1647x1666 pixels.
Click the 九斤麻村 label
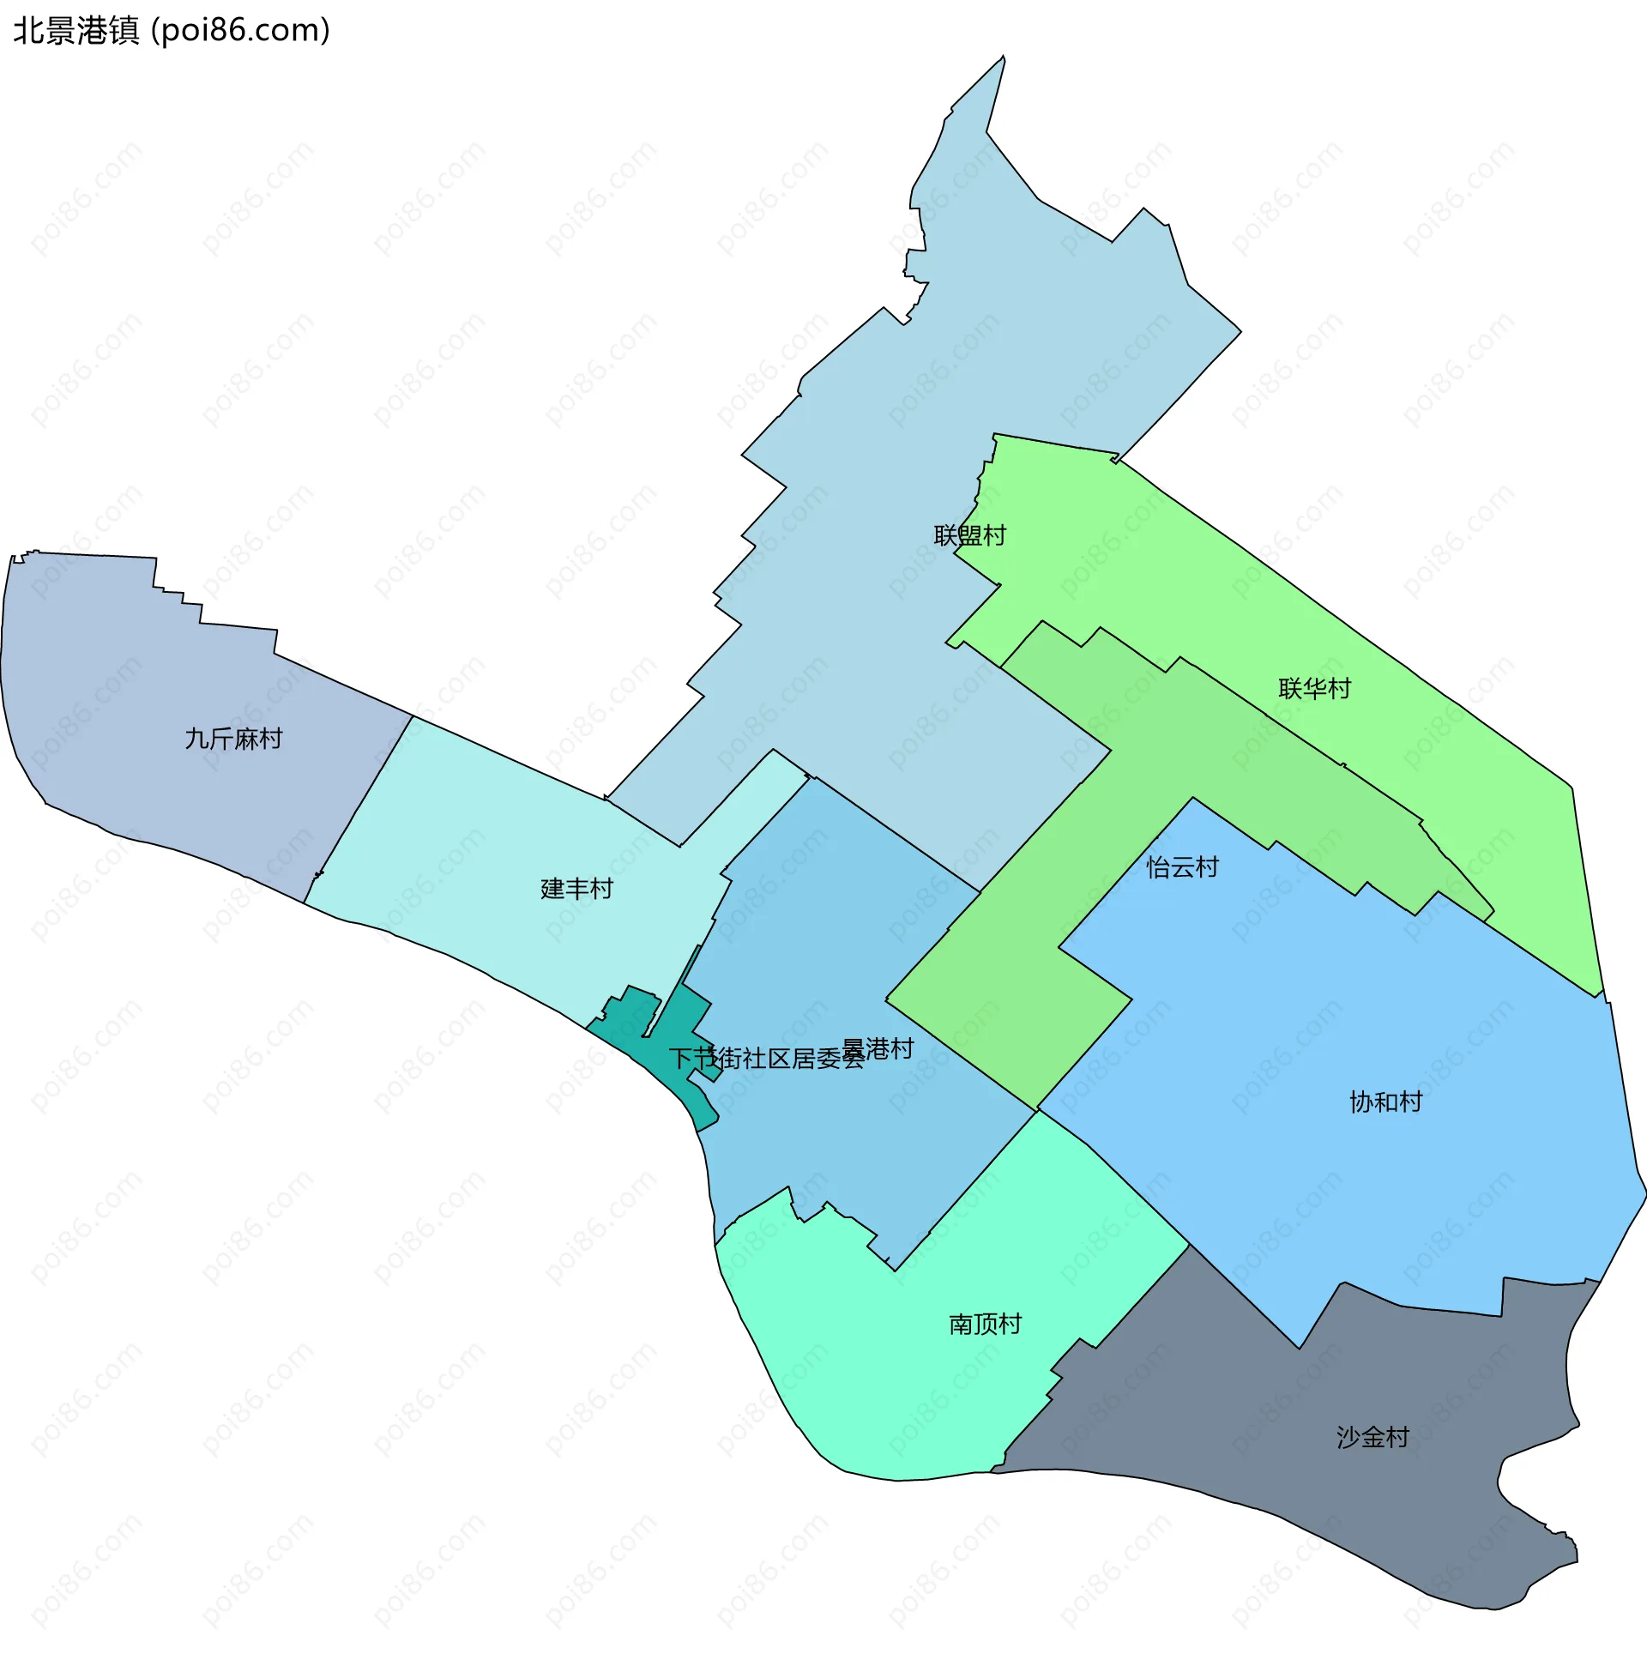[233, 739]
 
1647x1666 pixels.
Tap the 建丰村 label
[576, 889]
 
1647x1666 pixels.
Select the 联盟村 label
[969, 535]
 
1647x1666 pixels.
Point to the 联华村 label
[1314, 689]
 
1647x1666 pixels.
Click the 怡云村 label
[1182, 867]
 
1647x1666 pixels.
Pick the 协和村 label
[1385, 1102]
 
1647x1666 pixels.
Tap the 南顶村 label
[985, 1324]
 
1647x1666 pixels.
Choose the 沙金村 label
[1372, 1437]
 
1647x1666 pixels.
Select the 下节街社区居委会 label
[766, 1059]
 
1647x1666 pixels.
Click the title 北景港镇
[75, 31]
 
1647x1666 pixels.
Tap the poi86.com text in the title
[240, 31]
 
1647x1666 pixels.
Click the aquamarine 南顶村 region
[905, 1379]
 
